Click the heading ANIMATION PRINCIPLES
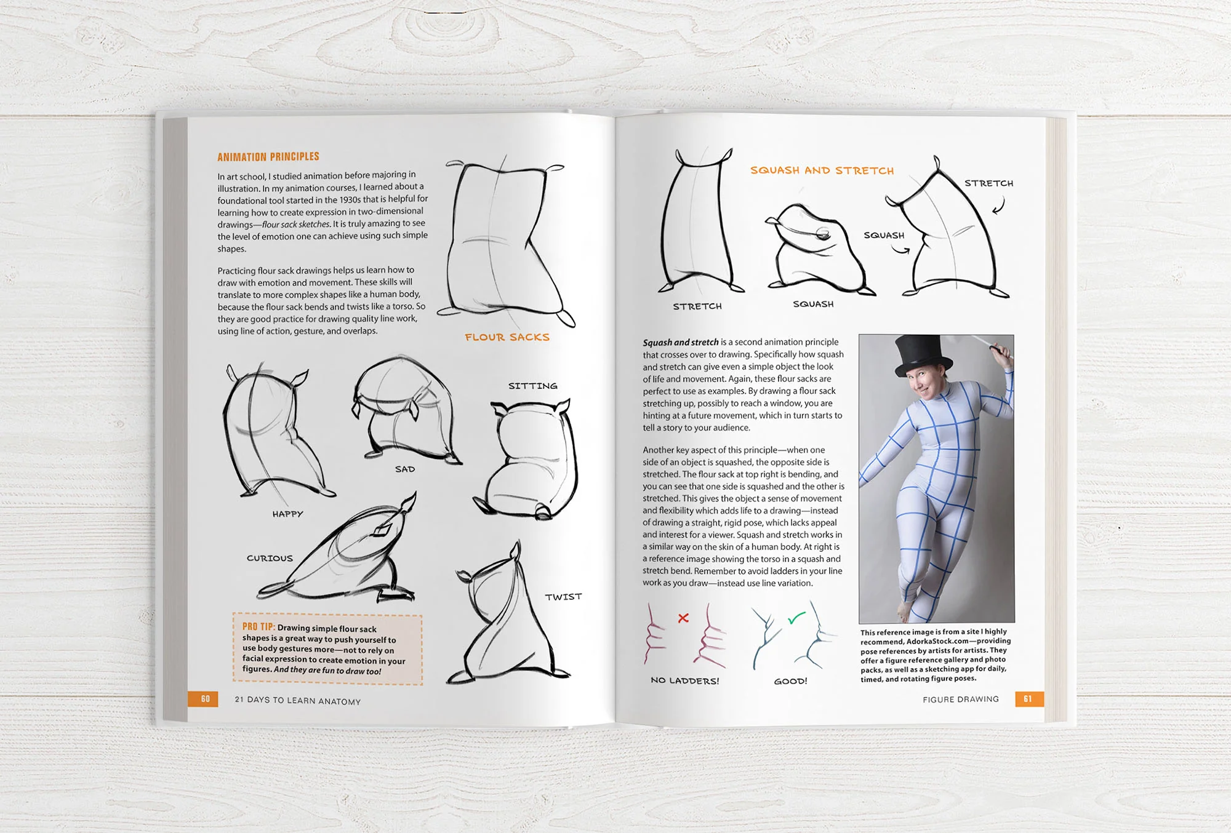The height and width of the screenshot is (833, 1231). pyautogui.click(x=268, y=157)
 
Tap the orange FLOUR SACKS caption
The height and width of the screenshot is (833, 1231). pyautogui.click(x=507, y=337)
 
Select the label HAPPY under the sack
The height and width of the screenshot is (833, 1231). pyautogui.click(x=287, y=514)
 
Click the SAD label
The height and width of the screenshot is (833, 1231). pyautogui.click(x=404, y=469)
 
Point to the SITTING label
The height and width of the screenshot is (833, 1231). pyautogui.click(x=532, y=386)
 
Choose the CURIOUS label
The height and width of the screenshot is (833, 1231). pyautogui.click(x=270, y=558)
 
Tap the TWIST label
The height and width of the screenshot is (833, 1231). pyautogui.click(x=563, y=597)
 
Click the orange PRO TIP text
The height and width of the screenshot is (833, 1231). pyautogui.click(x=258, y=626)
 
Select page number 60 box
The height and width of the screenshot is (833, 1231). pyautogui.click(x=204, y=699)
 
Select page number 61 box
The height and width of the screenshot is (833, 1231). pyautogui.click(x=1027, y=699)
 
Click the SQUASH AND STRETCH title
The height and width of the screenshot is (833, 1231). pyautogui.click(x=822, y=170)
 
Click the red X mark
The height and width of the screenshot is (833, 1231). pyautogui.click(x=683, y=618)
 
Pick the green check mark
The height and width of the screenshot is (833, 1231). pyautogui.click(x=796, y=618)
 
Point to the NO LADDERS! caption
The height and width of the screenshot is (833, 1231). pyautogui.click(x=684, y=680)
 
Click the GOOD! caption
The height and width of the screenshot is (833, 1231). pyautogui.click(x=790, y=681)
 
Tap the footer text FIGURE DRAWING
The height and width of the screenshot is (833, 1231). pyautogui.click(x=960, y=699)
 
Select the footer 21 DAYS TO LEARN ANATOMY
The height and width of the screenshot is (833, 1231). pyautogui.click(x=297, y=700)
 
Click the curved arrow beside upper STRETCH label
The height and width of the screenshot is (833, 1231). pyautogui.click(x=999, y=205)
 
